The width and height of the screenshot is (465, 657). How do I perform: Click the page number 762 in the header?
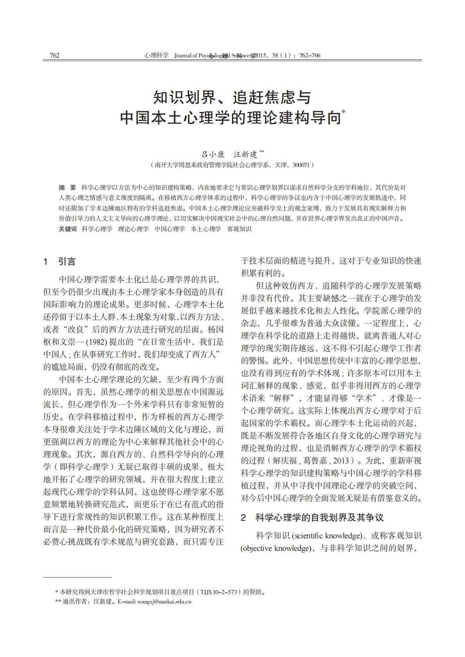click(55, 55)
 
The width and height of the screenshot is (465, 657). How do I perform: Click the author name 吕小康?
click(213, 154)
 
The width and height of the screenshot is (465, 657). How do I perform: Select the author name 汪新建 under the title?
click(245, 154)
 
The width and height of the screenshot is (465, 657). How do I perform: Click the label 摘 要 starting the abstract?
click(67, 187)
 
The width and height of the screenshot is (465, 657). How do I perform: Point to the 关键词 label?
click(68, 229)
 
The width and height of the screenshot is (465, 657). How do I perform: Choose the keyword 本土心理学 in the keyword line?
click(206, 229)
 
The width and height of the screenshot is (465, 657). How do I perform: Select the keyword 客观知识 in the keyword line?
click(239, 229)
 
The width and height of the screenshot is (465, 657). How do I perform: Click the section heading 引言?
click(67, 262)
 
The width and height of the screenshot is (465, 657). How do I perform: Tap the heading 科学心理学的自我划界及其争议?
click(319, 518)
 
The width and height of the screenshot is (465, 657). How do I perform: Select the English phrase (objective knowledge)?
click(275, 548)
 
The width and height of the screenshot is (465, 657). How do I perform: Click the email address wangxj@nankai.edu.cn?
click(164, 602)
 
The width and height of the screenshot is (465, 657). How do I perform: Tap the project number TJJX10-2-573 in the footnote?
click(219, 592)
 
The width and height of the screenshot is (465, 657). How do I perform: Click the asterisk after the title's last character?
click(343, 112)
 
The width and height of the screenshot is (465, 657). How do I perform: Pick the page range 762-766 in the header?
click(309, 55)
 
